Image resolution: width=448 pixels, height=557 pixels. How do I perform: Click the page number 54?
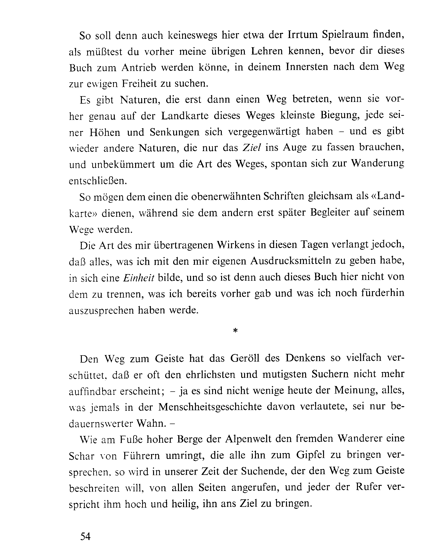coord(85,536)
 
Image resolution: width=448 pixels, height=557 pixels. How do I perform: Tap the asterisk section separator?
coord(235,331)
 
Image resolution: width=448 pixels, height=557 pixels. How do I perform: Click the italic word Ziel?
coord(252,148)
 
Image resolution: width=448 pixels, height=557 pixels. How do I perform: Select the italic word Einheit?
coord(139,278)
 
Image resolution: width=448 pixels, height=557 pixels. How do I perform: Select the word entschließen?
coord(98,181)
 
